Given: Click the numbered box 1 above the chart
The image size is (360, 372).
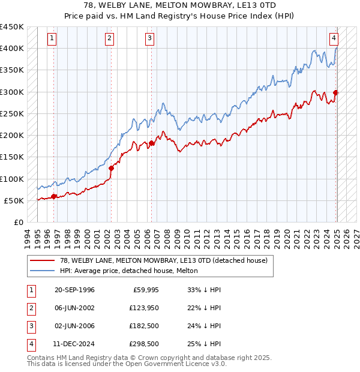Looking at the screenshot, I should click(53, 38).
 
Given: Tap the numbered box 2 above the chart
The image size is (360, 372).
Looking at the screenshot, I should click(110, 38).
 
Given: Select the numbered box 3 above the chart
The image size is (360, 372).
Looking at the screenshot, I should click(149, 38).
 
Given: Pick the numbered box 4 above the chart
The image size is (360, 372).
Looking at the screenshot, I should click(334, 38).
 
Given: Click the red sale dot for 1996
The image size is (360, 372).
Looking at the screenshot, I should click(54, 196).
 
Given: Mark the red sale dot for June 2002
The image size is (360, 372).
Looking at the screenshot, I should click(111, 168).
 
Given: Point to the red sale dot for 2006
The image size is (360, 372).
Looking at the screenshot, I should click(151, 143).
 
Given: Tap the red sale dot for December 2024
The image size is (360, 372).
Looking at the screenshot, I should click(335, 92).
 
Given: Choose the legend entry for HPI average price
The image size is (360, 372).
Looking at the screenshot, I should click(128, 271).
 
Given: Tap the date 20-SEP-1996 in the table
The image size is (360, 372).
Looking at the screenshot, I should click(74, 290).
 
